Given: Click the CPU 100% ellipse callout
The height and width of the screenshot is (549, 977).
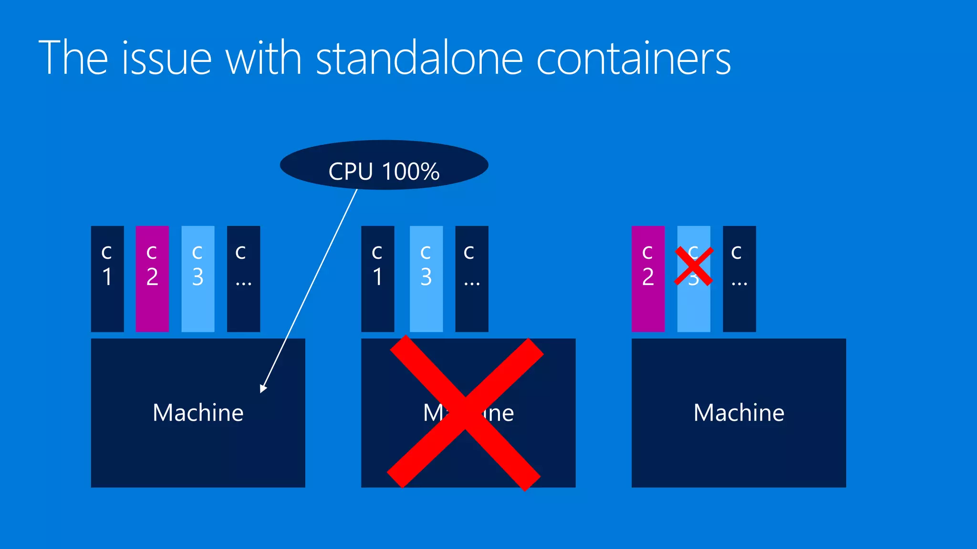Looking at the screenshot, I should click(384, 165).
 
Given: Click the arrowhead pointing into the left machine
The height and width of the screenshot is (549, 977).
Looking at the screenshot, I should click(263, 388).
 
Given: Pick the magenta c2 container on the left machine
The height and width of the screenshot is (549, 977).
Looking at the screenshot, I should click(152, 279).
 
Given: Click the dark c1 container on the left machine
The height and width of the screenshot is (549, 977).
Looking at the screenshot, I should click(107, 279).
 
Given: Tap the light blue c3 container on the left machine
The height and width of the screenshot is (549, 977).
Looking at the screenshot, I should click(198, 279).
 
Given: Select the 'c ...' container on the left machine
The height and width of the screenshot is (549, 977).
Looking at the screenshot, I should click(243, 279).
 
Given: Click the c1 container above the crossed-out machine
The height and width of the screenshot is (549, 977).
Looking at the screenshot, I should click(378, 279).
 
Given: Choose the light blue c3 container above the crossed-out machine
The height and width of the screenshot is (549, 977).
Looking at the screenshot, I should click(426, 279).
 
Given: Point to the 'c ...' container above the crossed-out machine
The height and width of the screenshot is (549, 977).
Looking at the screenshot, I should click(472, 279).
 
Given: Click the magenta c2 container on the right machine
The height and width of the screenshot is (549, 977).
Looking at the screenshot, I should click(648, 279).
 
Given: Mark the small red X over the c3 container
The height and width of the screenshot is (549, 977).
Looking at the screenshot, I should click(694, 266).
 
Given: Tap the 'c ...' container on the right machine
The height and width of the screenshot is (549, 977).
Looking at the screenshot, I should click(739, 279).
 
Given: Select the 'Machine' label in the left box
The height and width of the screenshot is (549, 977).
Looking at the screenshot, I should click(198, 413).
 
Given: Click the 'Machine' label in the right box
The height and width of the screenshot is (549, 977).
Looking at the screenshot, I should click(739, 413).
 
